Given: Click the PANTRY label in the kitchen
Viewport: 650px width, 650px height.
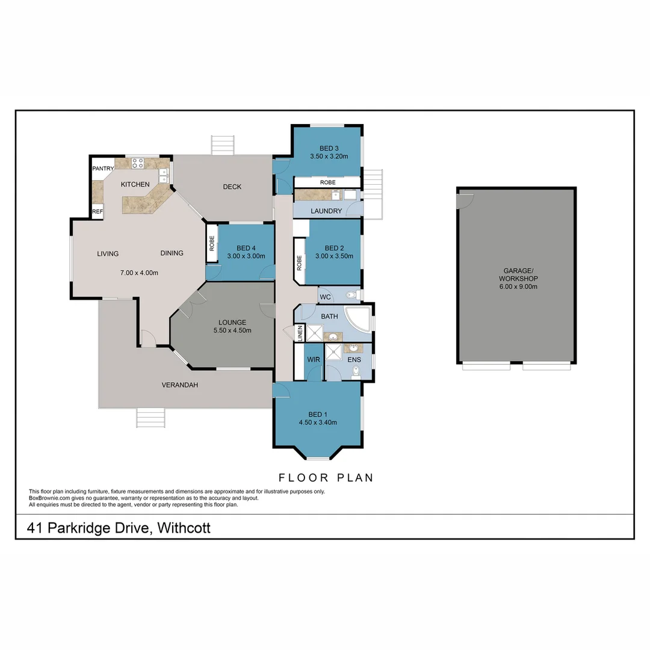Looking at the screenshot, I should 103,169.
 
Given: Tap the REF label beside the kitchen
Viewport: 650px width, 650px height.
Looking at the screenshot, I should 97,212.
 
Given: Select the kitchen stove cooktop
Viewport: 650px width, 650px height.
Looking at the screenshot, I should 138,162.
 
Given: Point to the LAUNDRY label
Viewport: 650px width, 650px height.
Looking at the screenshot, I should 326,211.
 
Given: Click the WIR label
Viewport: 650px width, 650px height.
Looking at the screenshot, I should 314,359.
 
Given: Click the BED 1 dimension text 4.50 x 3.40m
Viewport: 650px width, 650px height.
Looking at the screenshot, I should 317,422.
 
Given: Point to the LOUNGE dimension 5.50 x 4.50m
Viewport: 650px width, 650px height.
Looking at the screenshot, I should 232,330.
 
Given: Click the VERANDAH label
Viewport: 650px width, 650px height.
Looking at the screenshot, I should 179,385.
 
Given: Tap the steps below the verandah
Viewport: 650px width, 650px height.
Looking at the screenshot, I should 150,418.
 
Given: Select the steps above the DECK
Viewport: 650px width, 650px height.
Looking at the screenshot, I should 222,145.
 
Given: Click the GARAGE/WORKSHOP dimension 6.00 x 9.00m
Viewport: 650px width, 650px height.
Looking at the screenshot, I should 518,286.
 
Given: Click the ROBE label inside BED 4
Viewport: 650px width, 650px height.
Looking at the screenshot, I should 212,243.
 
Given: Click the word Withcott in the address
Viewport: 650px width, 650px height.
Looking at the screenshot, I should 184,528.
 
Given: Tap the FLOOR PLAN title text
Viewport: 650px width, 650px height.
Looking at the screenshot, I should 326,478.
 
